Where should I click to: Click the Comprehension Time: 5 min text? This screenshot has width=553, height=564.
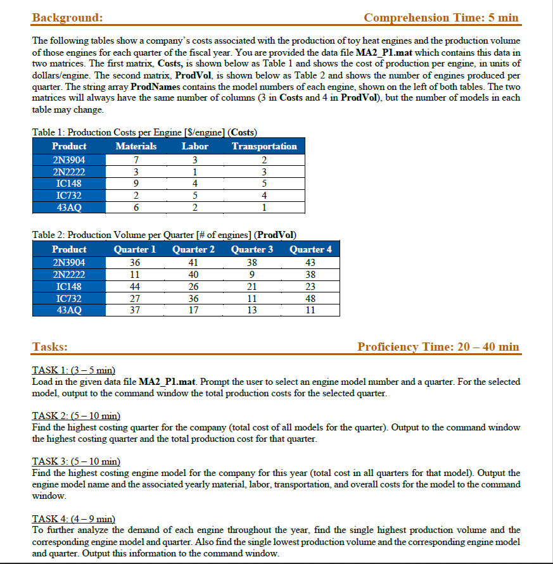[441, 17]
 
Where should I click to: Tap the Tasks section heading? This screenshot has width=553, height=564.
[51, 346]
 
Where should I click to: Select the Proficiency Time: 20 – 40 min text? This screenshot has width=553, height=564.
[438, 346]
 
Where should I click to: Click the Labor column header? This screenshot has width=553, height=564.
[194, 146]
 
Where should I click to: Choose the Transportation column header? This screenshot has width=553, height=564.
[264, 146]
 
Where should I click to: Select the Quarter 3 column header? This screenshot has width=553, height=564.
[252, 249]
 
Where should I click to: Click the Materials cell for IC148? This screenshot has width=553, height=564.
[136, 183]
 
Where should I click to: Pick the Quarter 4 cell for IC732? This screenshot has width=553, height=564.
[310, 298]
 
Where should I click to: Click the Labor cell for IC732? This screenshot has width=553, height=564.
[195, 195]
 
